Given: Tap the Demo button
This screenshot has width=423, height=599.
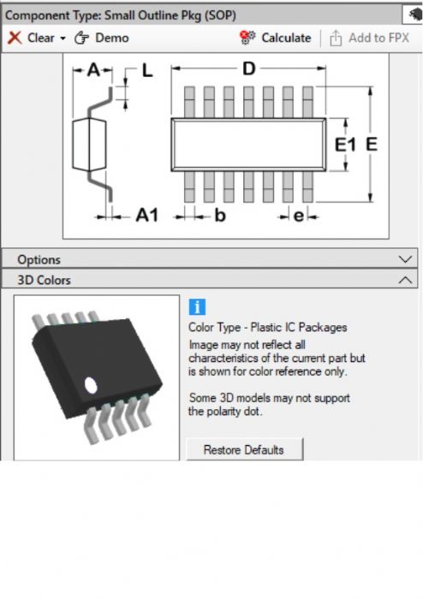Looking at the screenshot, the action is click(x=102, y=38).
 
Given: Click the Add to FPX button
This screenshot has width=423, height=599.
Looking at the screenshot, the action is click(x=369, y=38).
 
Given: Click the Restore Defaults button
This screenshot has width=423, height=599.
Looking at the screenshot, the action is click(x=245, y=449).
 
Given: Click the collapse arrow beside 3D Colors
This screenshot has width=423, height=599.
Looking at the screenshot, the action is click(x=405, y=280).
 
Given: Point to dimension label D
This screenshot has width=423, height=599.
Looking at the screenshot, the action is click(x=249, y=69).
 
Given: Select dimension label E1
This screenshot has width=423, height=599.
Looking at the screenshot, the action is click(x=345, y=145).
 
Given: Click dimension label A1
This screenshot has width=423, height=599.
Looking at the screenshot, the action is click(x=146, y=216).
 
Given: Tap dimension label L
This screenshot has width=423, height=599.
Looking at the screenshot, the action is click(x=147, y=71).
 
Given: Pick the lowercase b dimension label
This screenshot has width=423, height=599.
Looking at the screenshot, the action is click(x=220, y=216).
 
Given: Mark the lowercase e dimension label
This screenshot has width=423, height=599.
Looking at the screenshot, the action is click(x=299, y=216).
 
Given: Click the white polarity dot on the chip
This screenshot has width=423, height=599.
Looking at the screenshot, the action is click(x=91, y=385).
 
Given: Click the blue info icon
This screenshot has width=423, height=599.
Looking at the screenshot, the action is click(x=197, y=306).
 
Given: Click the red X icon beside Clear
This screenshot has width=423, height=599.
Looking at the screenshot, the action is click(x=15, y=38).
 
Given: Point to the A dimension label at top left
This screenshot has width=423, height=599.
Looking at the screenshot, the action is click(x=93, y=70).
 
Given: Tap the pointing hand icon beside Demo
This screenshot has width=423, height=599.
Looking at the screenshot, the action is click(x=81, y=38).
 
